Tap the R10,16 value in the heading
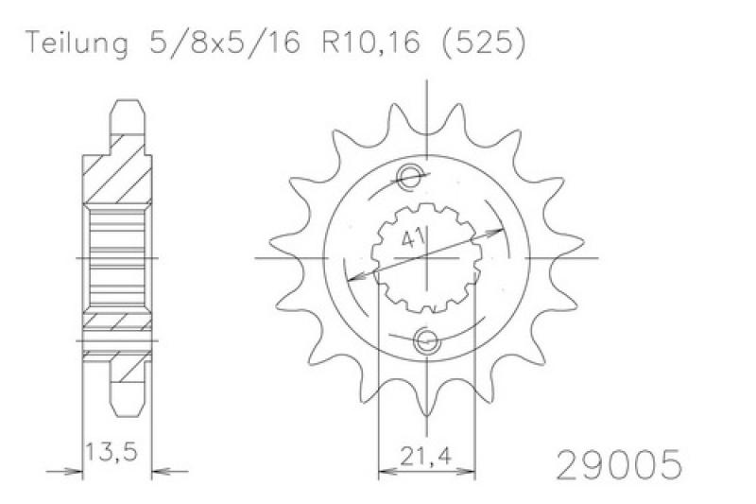(370, 43)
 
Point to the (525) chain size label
(483, 43)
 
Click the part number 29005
(619, 464)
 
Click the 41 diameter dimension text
(413, 238)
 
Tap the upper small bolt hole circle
(411, 175)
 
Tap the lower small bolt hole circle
(427, 341)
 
